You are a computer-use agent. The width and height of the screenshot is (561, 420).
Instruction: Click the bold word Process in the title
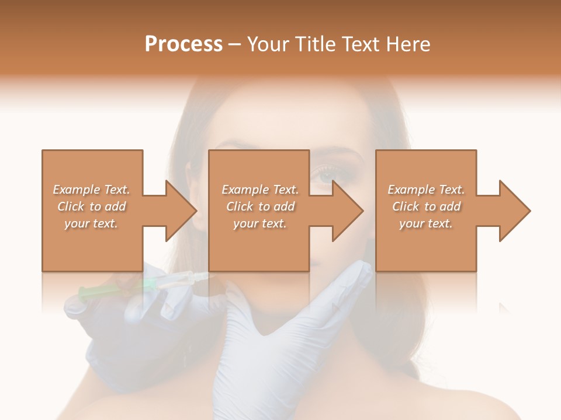[183, 44]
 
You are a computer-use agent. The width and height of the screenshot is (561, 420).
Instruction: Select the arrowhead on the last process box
[514, 211]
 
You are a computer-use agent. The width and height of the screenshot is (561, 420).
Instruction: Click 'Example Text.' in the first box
[92, 190]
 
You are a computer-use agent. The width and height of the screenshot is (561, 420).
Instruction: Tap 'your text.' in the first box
[92, 223]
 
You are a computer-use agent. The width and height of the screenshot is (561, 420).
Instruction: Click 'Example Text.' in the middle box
[259, 190]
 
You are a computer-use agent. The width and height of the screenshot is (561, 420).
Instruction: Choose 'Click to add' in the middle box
[259, 206]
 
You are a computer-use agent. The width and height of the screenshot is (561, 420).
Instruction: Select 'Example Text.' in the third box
[426, 190]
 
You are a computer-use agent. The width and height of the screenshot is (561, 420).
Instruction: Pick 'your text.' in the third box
[426, 223]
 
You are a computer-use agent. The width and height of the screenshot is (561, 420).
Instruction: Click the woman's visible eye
[323, 173]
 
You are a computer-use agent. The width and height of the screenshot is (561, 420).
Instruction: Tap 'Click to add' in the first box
[92, 206]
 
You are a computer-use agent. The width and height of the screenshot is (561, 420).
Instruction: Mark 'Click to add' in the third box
[426, 206]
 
